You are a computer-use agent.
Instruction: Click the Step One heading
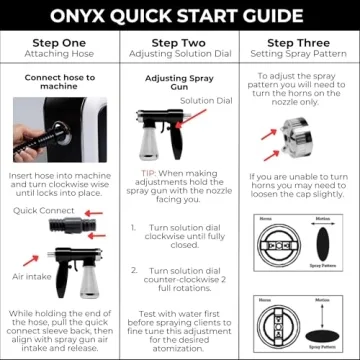(59, 43)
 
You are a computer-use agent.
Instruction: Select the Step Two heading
(180, 43)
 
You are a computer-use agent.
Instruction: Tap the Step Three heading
(300, 43)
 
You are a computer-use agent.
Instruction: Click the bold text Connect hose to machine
(59, 82)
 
